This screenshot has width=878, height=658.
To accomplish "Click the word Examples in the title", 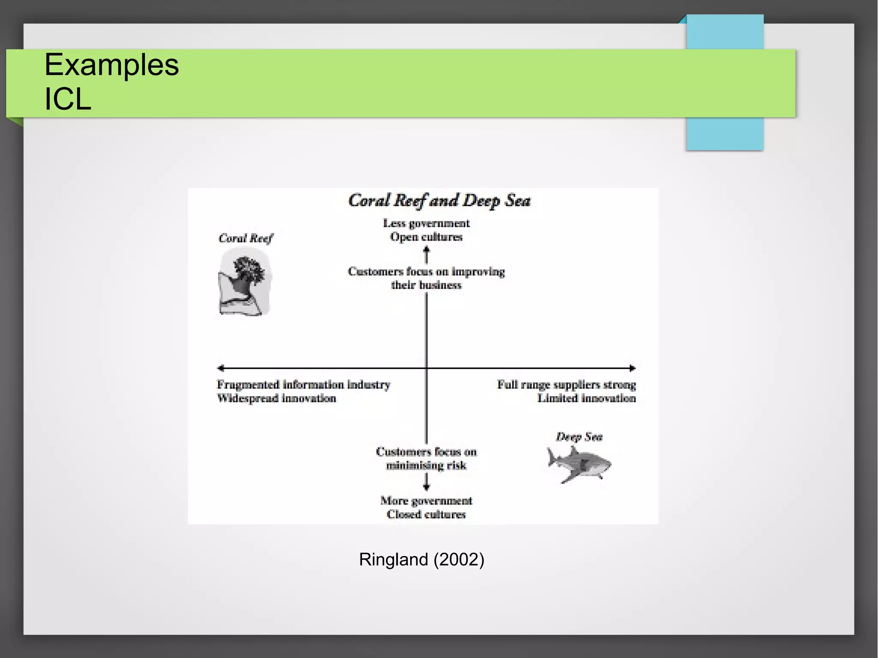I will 111,65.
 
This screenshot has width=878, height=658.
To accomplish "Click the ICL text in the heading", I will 68,99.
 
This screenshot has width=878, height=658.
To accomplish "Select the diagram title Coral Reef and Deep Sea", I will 439,201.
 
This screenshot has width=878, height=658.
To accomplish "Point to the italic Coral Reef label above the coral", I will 245,238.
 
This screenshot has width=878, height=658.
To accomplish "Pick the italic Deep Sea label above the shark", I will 579,437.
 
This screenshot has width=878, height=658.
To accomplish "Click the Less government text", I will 426,223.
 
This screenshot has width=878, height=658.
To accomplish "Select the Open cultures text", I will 426,237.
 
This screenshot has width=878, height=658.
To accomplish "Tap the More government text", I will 426,501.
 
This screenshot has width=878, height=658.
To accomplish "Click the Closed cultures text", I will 426,514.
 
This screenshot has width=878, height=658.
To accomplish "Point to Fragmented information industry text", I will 304,385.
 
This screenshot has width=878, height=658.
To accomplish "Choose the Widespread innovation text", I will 277,398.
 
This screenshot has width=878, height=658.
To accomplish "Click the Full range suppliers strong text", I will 566,385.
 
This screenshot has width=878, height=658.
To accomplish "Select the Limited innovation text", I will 586,398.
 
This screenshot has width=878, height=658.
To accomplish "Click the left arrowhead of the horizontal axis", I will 220,368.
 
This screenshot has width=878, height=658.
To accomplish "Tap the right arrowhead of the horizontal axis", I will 632,368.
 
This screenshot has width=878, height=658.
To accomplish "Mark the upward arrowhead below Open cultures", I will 426,250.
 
